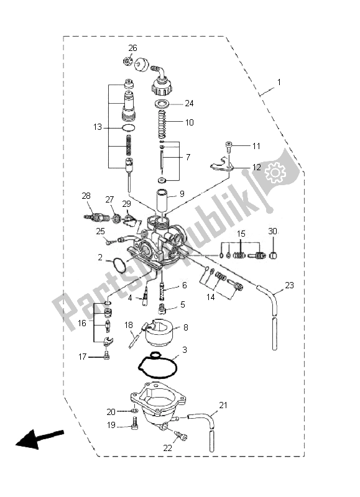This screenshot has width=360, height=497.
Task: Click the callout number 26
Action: (132, 48)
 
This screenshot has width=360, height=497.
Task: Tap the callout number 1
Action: (279, 83)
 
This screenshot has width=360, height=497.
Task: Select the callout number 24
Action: (190, 103)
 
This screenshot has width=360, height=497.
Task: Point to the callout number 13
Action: (97, 127)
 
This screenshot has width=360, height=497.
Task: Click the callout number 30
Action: (272, 231)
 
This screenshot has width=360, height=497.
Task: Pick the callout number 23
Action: (289, 286)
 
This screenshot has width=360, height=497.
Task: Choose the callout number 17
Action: (83, 356)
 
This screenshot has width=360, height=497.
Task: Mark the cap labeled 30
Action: (272, 255)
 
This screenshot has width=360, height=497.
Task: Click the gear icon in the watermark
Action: (273, 172)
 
